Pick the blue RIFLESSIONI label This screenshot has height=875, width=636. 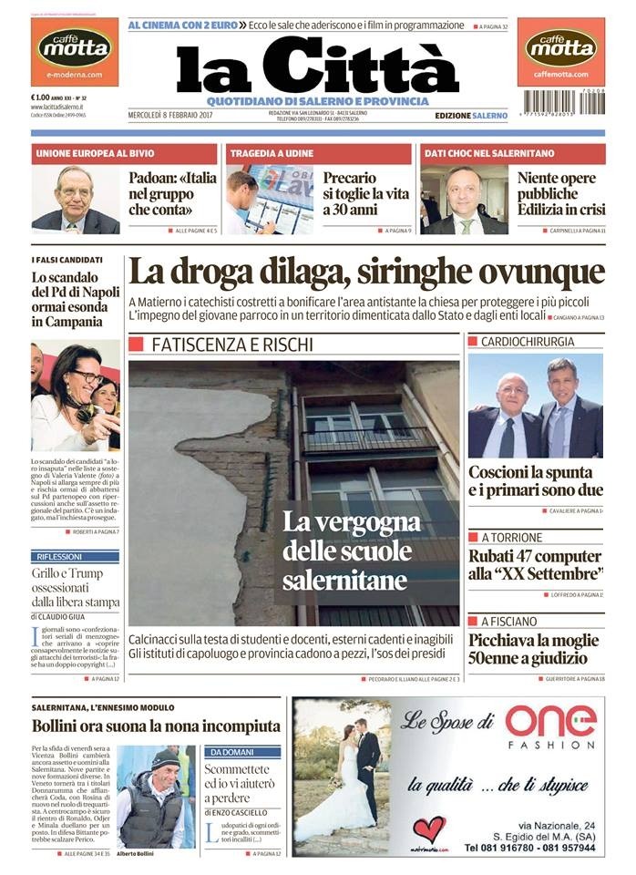[x=60, y=556]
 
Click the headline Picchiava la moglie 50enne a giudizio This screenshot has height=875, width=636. [x=536, y=649]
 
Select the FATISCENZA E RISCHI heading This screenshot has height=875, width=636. [x=231, y=345]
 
